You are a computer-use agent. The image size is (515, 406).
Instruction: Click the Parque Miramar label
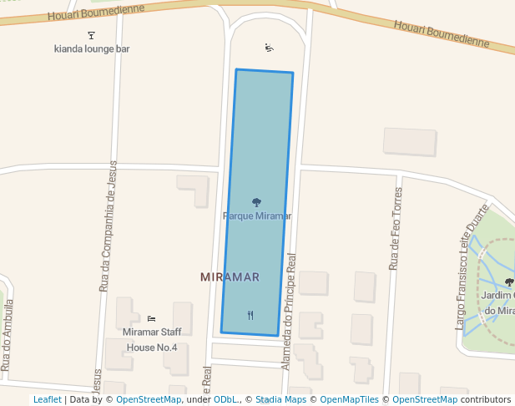(x=257, y=216)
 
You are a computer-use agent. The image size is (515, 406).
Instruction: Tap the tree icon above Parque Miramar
(x=256, y=202)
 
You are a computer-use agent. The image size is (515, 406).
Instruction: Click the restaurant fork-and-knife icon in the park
(x=250, y=315)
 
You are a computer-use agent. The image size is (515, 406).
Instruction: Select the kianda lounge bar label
(x=92, y=49)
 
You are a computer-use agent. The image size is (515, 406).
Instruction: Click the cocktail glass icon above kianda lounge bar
(x=91, y=35)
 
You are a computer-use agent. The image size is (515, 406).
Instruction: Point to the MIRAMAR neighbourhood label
(x=230, y=277)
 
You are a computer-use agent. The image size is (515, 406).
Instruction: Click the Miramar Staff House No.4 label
(x=150, y=339)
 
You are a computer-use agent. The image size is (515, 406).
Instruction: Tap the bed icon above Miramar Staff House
(x=151, y=318)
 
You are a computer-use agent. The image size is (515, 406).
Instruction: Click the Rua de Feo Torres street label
(x=395, y=228)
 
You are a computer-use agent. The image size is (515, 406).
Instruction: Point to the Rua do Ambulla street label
(x=7, y=334)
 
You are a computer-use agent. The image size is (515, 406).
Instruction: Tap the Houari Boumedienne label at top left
(x=96, y=11)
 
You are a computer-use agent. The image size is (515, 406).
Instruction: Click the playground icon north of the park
(x=269, y=48)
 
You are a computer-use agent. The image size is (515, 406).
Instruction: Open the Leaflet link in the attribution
(x=47, y=400)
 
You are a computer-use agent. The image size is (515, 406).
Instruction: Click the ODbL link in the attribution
(x=225, y=400)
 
